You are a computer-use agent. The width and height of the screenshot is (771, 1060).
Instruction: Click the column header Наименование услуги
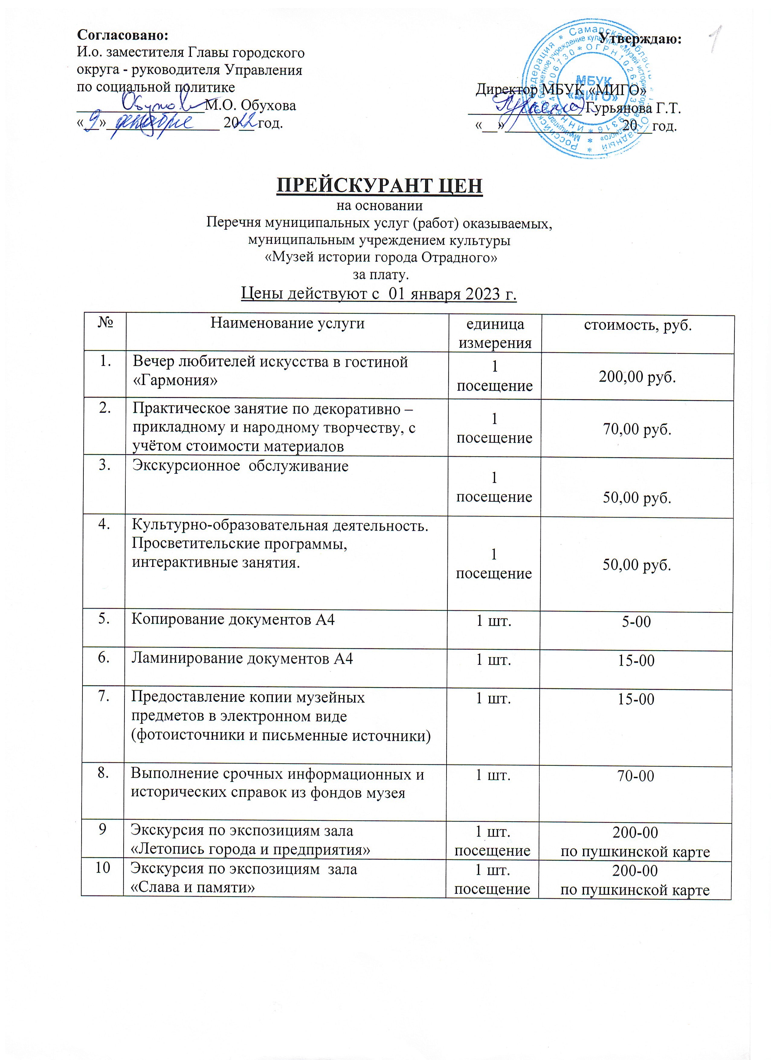pyautogui.click(x=287, y=323)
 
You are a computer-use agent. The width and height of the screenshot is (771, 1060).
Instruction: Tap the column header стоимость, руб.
pyautogui.click(x=638, y=325)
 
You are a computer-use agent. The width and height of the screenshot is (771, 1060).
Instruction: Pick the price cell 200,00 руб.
pyautogui.click(x=637, y=377)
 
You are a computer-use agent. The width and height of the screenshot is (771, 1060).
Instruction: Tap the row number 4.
pyautogui.click(x=105, y=525)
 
